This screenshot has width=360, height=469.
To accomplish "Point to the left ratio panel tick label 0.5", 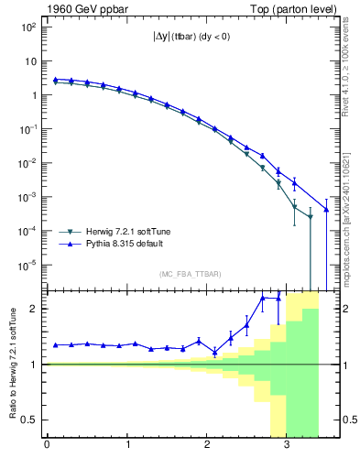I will [x=31, y=420].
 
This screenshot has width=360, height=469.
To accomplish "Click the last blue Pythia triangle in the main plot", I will [x=327, y=210].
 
